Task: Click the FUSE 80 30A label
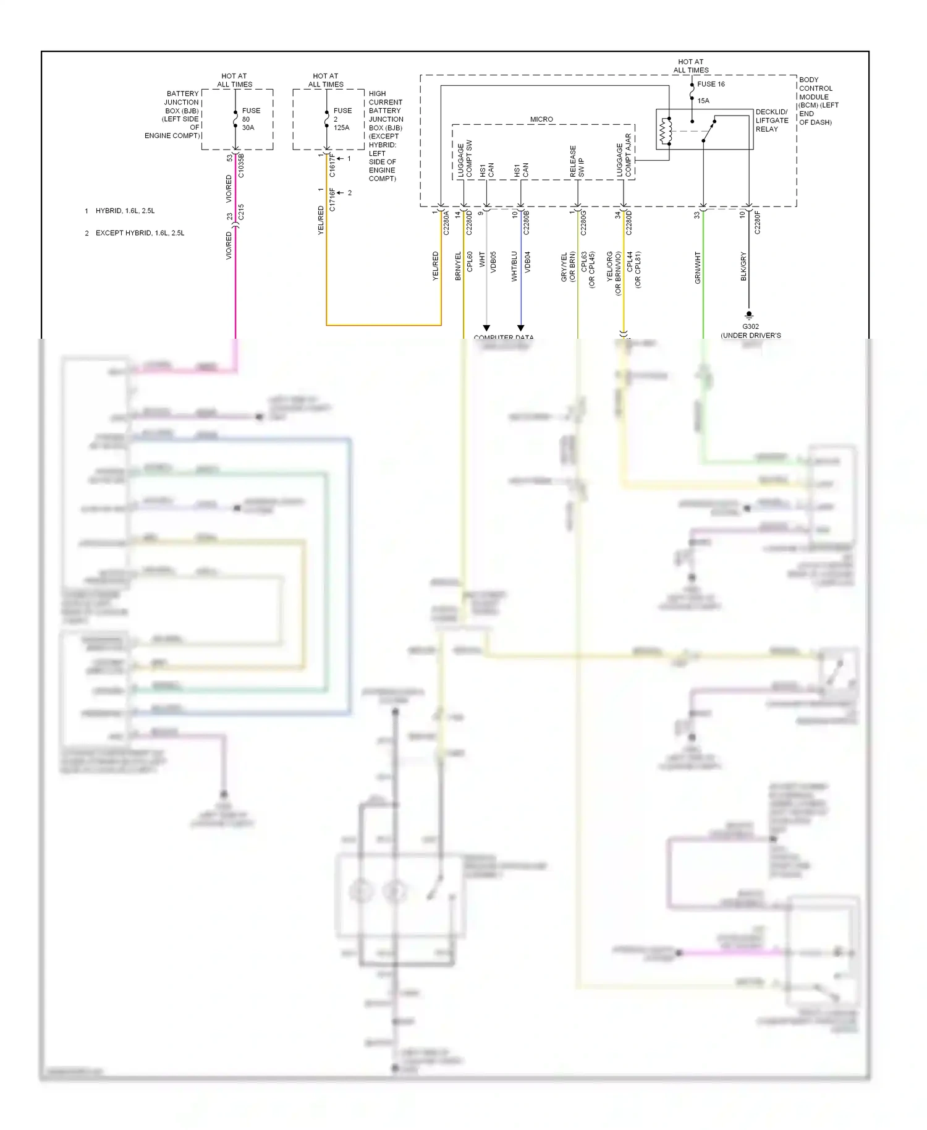pos(250,119)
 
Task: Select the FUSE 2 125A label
pos(342,119)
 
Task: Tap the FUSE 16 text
pos(711,84)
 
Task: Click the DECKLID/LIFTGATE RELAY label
pos(771,121)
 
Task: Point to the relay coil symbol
pos(666,130)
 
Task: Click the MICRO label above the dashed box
pos(541,119)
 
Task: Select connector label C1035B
pos(241,166)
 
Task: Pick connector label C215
pos(241,212)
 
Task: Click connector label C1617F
pos(332,166)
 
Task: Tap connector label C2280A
pos(446,223)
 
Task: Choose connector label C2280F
pos(758,223)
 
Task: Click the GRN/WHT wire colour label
pos(698,267)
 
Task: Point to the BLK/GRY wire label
pos(743,266)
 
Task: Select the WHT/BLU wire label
pos(514,266)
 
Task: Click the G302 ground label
pos(750,327)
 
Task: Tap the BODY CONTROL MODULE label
pos(818,101)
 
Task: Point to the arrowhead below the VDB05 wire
pos(486,328)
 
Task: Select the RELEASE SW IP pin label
pos(577,162)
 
